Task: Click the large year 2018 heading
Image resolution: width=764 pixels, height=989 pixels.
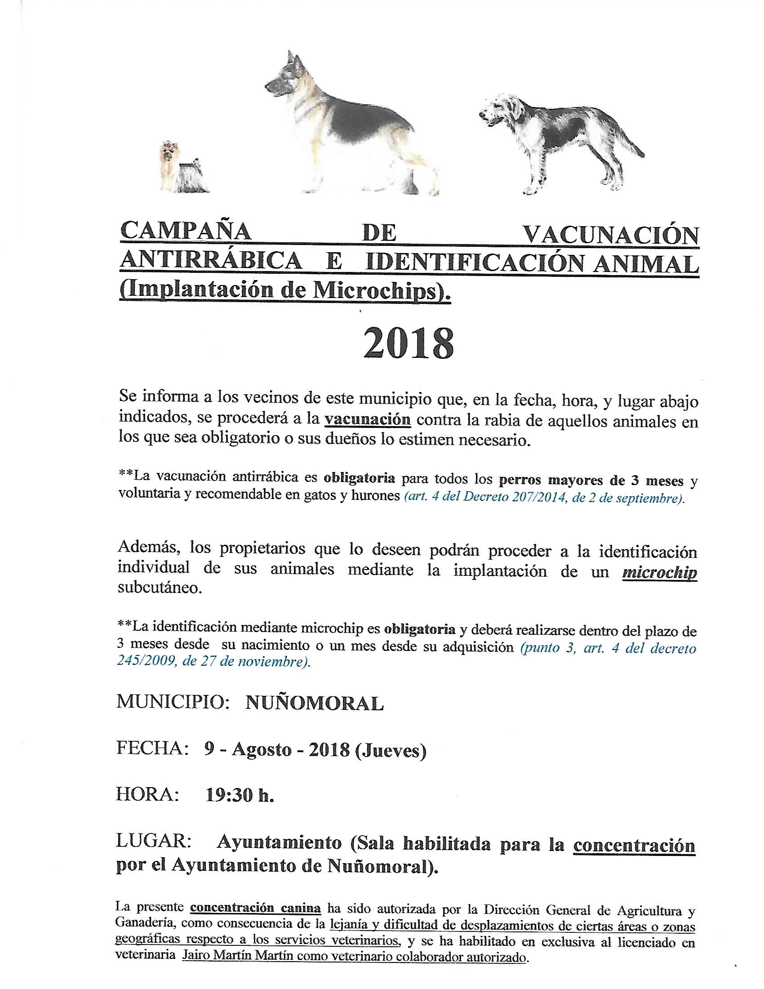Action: click(408, 344)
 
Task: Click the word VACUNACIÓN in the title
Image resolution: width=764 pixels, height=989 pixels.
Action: click(611, 235)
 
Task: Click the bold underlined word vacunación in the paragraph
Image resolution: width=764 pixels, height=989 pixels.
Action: click(368, 420)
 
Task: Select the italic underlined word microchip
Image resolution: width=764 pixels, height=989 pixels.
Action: click(659, 572)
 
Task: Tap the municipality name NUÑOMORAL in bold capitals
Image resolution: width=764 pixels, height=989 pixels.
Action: click(315, 703)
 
